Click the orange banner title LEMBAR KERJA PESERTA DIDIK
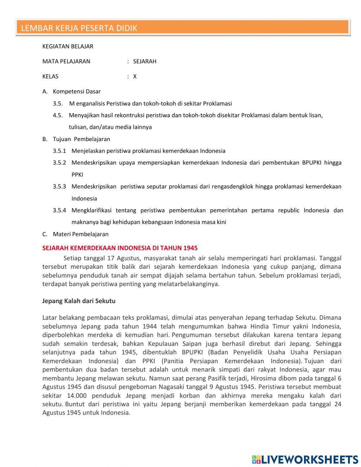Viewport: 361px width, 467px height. coord(79,28)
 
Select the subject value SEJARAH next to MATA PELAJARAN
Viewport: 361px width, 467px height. coord(144,61)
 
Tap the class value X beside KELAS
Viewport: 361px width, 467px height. coord(135,77)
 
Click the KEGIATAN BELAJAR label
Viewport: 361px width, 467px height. coord(68,46)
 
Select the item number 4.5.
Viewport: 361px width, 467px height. coord(58,115)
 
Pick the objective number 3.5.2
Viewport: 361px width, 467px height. coord(60,163)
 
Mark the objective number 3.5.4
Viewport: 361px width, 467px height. coord(60,211)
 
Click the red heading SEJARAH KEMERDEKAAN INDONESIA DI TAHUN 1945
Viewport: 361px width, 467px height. coord(120,248)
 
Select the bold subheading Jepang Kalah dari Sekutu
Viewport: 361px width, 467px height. coord(79,301)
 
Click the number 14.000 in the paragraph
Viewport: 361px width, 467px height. coord(77,396)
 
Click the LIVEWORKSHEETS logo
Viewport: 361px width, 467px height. coord(305,459)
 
